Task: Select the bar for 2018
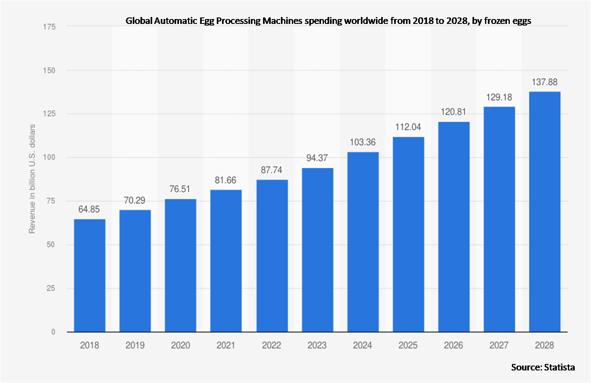90,276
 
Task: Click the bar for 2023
317,250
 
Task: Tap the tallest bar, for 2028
545,212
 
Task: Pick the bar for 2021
226,261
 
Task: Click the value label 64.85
89,210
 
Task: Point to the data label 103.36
363,142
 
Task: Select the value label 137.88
545,82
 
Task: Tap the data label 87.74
272,170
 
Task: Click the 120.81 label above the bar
453,112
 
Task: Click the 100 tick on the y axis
49,157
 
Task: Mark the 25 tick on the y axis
51,288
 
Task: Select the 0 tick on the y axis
53,332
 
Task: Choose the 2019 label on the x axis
135,345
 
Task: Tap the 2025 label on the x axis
408,345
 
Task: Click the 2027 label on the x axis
499,345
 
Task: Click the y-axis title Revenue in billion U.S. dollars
32,179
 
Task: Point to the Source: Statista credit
543,367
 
